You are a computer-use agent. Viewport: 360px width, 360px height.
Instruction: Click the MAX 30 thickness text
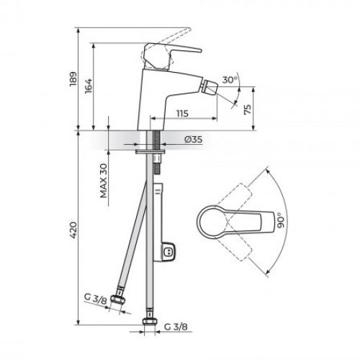click(104, 181)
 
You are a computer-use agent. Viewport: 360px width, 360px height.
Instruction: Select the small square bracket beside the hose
click(169, 251)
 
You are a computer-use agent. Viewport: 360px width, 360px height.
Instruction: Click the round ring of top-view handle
click(217, 221)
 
